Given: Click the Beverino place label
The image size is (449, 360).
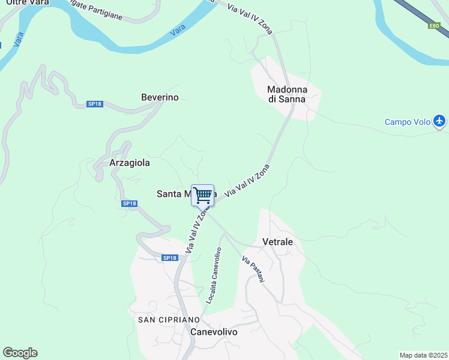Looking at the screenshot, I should (160, 97).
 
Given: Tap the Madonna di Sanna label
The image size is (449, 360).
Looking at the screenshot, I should (286, 94).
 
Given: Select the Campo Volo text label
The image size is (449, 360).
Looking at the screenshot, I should (408, 122).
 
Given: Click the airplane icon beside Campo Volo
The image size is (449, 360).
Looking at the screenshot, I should (439, 122).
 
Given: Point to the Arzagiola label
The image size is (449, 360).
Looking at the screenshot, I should (130, 163).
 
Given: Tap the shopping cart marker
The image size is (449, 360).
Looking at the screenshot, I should (203, 195).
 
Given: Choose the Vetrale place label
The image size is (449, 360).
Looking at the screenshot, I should (277, 242).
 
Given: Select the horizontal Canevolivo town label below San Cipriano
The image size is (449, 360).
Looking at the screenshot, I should (214, 332).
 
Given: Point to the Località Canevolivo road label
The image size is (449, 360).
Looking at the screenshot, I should (214, 275).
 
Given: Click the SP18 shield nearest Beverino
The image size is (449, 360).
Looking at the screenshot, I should (95, 104).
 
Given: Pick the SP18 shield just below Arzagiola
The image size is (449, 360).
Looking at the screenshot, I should (130, 204).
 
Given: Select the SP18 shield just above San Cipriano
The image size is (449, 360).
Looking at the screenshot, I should (170, 258).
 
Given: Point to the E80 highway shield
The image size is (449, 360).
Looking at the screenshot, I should (435, 26).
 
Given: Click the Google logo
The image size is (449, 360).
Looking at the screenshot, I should (20, 353).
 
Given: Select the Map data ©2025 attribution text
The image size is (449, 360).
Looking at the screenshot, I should (423, 355).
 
